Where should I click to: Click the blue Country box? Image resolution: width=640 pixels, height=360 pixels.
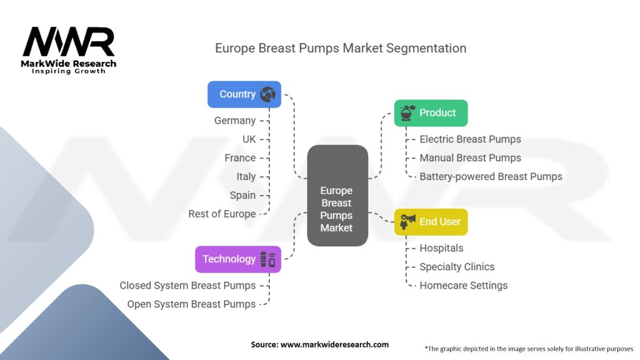click(244, 94)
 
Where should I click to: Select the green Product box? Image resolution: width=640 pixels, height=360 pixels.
click(431, 113)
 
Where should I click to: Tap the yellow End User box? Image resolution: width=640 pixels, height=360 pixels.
click(431, 222)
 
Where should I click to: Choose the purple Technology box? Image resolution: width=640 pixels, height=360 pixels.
click(238, 259)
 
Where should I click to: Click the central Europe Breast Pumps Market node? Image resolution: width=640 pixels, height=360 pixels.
click(337, 196)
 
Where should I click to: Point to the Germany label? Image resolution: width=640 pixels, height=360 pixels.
click(235, 121)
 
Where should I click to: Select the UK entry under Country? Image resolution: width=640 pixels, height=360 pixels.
click(249, 139)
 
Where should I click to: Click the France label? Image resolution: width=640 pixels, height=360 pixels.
click(240, 158)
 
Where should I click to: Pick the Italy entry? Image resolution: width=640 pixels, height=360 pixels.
click(246, 177)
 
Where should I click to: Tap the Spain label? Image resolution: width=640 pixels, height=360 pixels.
click(242, 196)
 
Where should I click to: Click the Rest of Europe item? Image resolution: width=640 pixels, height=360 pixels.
click(222, 214)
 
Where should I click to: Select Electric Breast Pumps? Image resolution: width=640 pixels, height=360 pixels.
click(470, 139)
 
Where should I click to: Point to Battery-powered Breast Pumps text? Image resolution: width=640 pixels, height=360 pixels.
click(491, 177)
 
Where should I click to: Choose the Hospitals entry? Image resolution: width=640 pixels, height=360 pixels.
click(441, 248)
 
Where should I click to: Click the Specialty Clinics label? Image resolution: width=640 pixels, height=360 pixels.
click(457, 267)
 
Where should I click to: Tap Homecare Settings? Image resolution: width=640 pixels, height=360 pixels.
click(464, 286)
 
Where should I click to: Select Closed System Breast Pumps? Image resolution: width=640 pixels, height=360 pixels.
click(187, 286)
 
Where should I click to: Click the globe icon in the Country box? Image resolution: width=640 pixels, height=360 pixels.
click(267, 94)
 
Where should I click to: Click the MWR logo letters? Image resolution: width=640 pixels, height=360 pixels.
click(69, 42)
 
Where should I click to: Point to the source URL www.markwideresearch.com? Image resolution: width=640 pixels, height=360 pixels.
click(335, 344)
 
